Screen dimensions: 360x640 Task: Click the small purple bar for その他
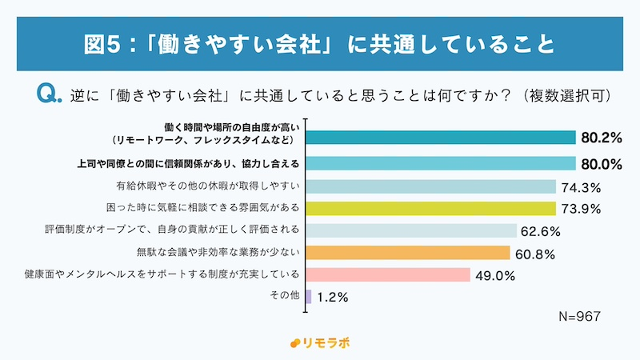309,296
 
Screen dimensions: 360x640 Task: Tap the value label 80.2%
602,138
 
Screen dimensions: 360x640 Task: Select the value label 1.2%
332,296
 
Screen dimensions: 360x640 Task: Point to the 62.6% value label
542,231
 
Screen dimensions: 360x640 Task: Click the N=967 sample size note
578,316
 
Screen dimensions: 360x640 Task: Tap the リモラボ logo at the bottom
319,342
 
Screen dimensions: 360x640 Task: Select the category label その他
286,296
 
